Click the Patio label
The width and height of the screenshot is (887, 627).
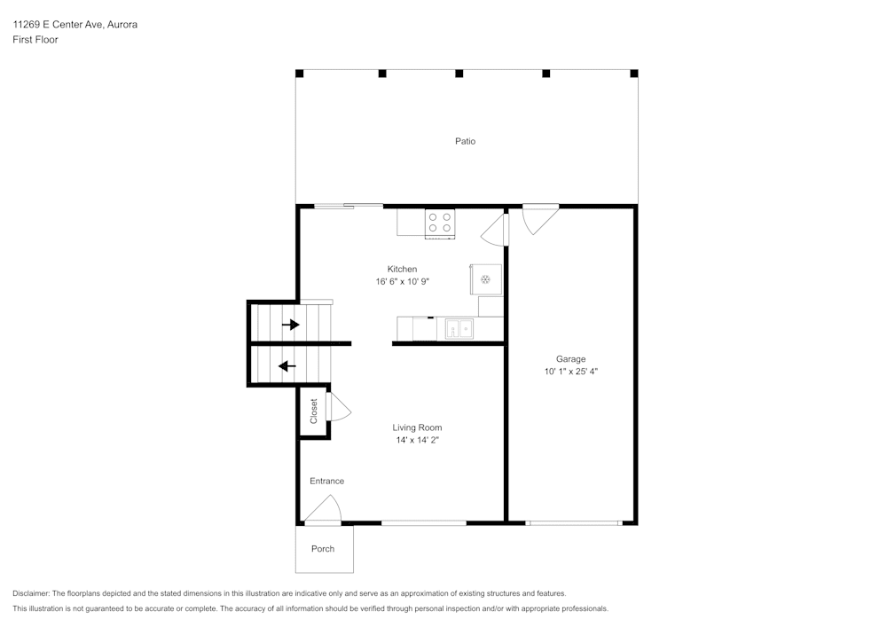pyautogui.click(x=465, y=141)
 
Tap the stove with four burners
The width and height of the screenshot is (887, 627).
pyautogui.click(x=439, y=222)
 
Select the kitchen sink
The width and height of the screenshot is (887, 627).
pyautogui.click(x=459, y=330)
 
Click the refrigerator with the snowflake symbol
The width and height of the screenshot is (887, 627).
pyautogui.click(x=485, y=279)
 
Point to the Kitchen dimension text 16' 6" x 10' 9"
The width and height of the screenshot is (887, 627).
pyautogui.click(x=402, y=281)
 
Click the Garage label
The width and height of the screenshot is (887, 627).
pyautogui.click(x=570, y=359)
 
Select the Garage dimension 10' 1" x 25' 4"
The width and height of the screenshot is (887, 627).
pyautogui.click(x=570, y=372)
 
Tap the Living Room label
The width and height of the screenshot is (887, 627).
pyautogui.click(x=417, y=427)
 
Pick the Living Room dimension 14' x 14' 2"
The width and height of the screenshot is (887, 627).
pyautogui.click(x=417, y=440)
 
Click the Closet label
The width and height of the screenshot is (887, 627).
pyautogui.click(x=313, y=411)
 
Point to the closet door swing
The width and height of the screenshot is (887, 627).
pyautogui.click(x=339, y=408)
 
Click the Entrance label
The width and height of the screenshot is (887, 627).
pyautogui.click(x=326, y=481)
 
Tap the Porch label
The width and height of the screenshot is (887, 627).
pyautogui.click(x=323, y=549)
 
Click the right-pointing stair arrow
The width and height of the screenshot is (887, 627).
pyautogui.click(x=290, y=325)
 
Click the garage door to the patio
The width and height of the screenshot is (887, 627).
pyautogui.click(x=538, y=218)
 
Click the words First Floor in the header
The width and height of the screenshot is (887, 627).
pyautogui.click(x=35, y=40)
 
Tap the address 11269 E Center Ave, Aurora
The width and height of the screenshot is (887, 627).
pyautogui.click(x=75, y=25)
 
